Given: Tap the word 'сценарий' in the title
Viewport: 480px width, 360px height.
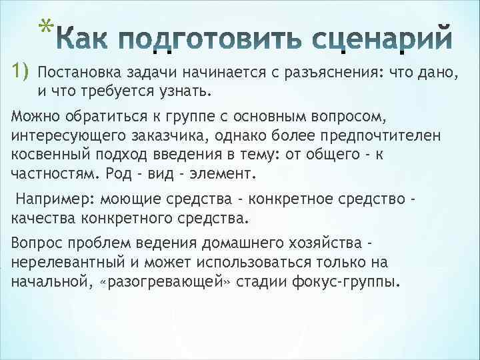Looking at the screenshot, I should point(382,38).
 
